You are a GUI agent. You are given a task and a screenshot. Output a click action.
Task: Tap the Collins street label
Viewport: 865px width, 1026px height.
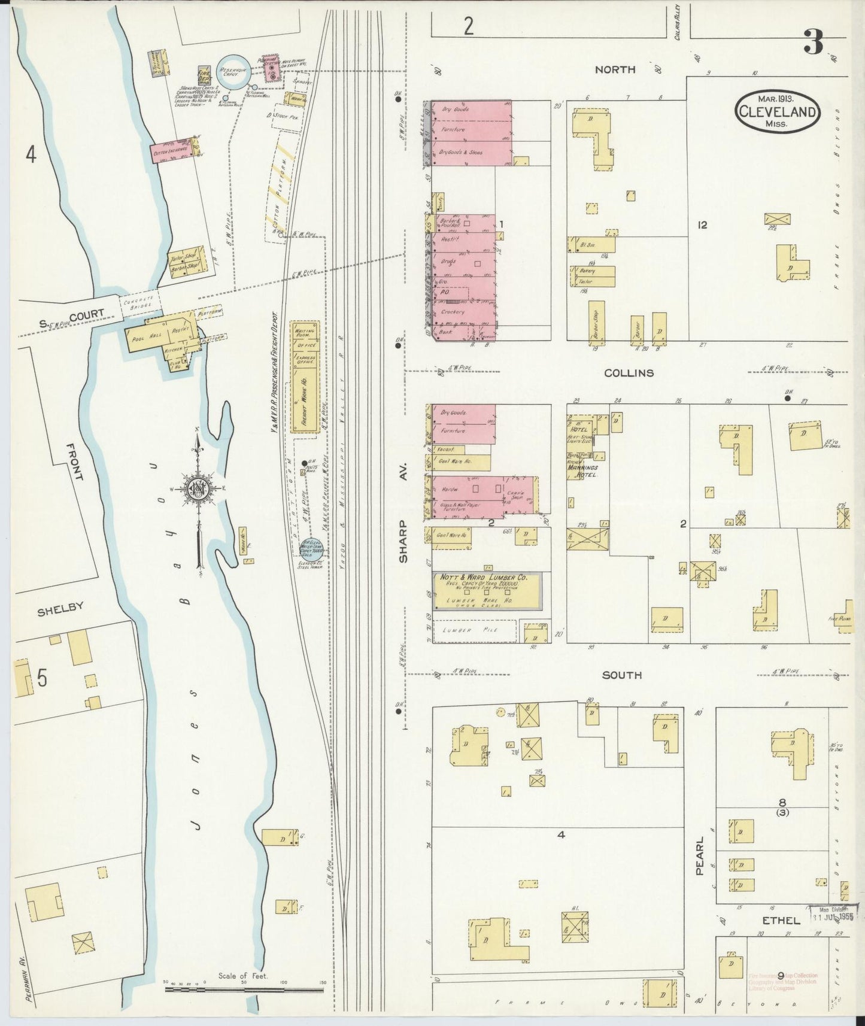point(629,373)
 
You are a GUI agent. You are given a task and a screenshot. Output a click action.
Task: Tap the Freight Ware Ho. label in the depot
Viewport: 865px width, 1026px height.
point(304,397)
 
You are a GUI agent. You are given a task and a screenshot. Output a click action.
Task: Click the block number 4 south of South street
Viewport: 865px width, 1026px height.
point(561,834)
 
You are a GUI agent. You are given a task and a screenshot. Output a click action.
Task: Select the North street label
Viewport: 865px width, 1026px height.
point(615,70)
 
